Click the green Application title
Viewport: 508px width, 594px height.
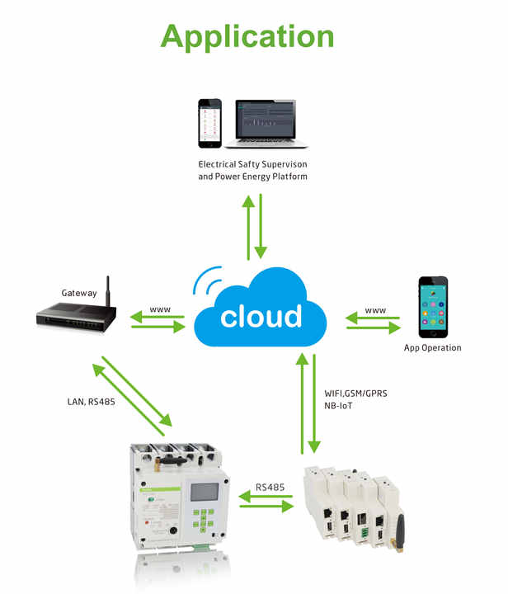tap(247, 37)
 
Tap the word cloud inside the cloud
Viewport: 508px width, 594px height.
tap(261, 317)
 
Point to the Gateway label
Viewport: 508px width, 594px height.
tap(79, 293)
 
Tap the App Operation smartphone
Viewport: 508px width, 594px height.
tap(432, 308)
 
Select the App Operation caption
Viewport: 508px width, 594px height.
tap(433, 348)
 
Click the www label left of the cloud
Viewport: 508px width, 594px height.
tap(160, 309)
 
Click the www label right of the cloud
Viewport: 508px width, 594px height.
tap(375, 310)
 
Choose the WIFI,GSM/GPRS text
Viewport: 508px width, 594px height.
tap(356, 394)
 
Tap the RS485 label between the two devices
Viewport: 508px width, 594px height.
tap(270, 488)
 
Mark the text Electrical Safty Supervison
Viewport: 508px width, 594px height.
tap(252, 165)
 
